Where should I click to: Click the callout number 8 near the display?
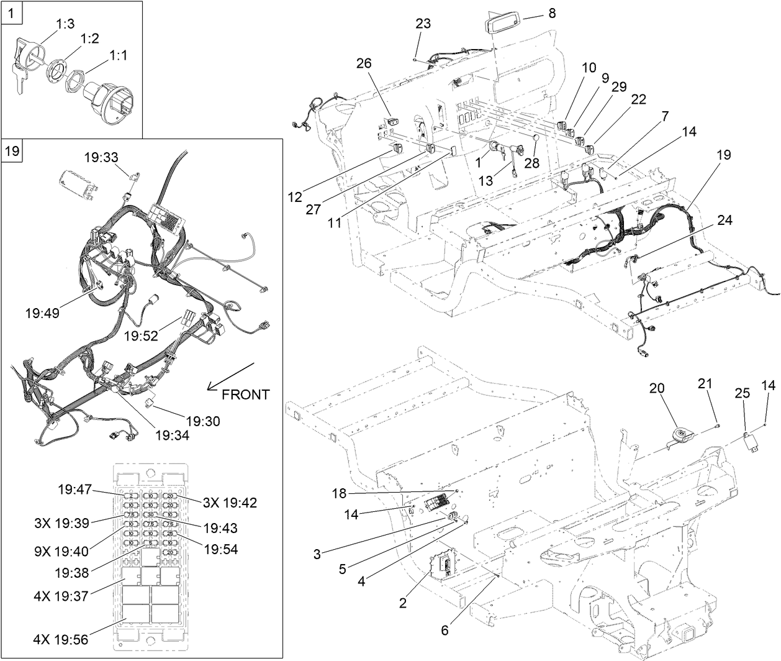pos(552,13)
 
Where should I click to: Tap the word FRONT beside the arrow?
pos(245,394)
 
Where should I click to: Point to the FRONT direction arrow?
pos(232,375)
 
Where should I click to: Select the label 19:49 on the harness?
pos(43,312)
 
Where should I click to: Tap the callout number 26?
pos(364,63)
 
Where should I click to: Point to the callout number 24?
pos(725,221)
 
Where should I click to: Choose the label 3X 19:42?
pos(229,503)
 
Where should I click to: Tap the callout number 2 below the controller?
pos(403,603)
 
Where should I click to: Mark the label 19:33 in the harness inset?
pos(102,158)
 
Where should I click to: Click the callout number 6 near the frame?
pos(445,629)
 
